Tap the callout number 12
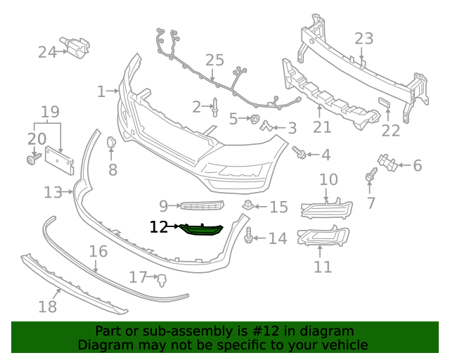[159, 227]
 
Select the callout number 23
[364, 38]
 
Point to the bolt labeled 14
[250, 238]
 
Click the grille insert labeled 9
[201, 206]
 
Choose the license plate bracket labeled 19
[60, 160]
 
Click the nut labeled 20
[32, 160]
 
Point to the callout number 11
[323, 267]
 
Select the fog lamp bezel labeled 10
[327, 207]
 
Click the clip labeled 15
[248, 205]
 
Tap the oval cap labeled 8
[111, 143]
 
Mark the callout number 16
[98, 251]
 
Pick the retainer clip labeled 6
[385, 164]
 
